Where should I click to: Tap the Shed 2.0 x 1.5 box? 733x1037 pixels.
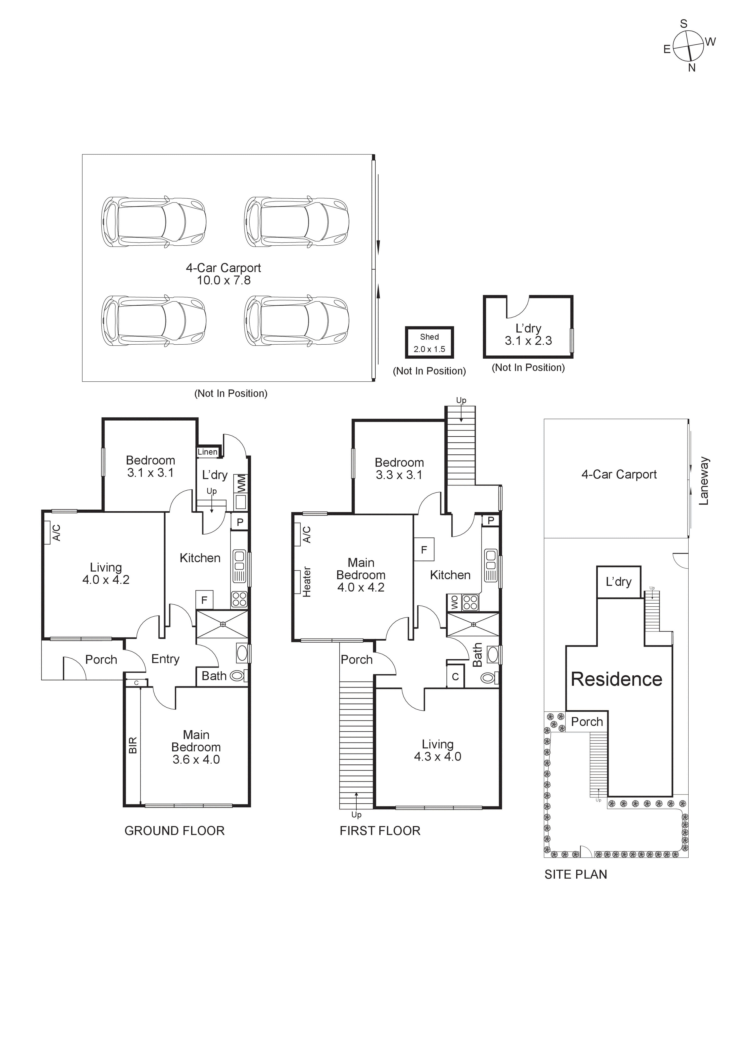click(x=429, y=342)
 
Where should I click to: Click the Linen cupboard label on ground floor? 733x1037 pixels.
click(x=207, y=452)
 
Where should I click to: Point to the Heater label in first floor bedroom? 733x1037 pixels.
click(x=307, y=582)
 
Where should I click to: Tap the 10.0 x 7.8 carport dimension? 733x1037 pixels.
click(x=223, y=280)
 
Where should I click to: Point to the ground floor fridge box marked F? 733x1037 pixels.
click(x=204, y=600)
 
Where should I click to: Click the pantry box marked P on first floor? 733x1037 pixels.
click(x=491, y=520)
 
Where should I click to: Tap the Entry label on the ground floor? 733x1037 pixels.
click(x=165, y=659)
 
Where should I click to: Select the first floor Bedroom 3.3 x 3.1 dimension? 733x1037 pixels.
click(x=399, y=475)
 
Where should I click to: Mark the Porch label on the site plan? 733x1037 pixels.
click(x=587, y=722)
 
